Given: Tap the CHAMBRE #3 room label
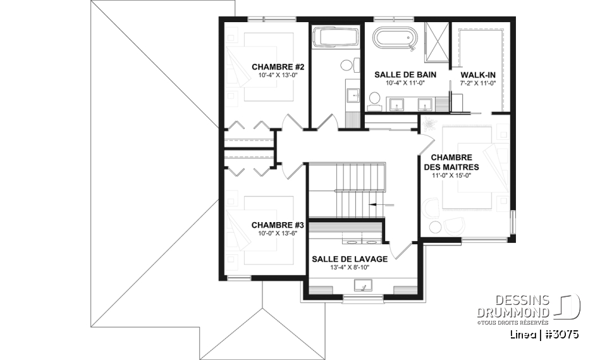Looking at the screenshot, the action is coord(278,225).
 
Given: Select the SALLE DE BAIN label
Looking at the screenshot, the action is coord(405,75).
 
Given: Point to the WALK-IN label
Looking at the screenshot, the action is coord(478,75).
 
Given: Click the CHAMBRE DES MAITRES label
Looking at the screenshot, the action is coord(451,163).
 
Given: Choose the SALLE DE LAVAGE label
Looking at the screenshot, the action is coord(350,259).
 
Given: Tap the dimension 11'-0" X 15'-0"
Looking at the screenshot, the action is coord(451,175).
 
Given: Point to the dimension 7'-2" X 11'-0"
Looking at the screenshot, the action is coord(478,83).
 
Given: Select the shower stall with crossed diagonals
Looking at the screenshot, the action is coord(437,42).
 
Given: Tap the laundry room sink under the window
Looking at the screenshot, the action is coord(363,285).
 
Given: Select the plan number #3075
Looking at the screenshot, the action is coord(561,335).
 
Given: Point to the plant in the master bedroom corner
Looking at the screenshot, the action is coord(429,123).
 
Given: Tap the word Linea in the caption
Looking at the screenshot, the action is coord(523,335).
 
